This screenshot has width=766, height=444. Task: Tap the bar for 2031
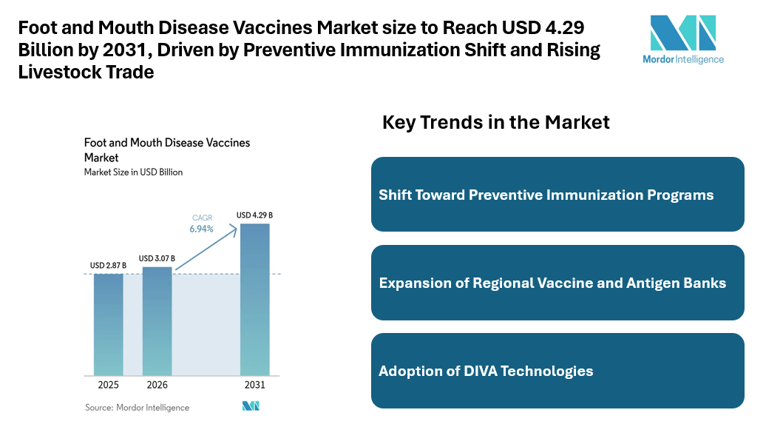pos(254,299)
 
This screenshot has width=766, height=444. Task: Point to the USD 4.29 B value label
pos(254,215)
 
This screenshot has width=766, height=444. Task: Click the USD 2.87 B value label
pos(108,266)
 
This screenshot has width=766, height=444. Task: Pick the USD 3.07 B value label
pos(157,258)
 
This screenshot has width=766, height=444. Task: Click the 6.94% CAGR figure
pos(201,229)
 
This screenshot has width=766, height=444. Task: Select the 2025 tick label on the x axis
pos(108,386)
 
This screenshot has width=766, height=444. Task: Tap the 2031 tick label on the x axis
pos(254,386)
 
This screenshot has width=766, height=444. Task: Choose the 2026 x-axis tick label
pos(157,386)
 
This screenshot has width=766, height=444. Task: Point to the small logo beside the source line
pos(251,406)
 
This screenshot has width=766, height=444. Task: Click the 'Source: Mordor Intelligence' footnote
pos(137,408)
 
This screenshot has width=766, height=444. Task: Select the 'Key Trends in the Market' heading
pos(495,123)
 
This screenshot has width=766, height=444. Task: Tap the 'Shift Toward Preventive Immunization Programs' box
pos(557,195)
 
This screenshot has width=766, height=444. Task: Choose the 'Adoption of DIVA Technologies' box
pos(557,371)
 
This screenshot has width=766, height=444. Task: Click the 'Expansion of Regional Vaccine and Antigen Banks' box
pos(557,283)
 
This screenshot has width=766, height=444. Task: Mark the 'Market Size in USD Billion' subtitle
pos(133,172)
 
